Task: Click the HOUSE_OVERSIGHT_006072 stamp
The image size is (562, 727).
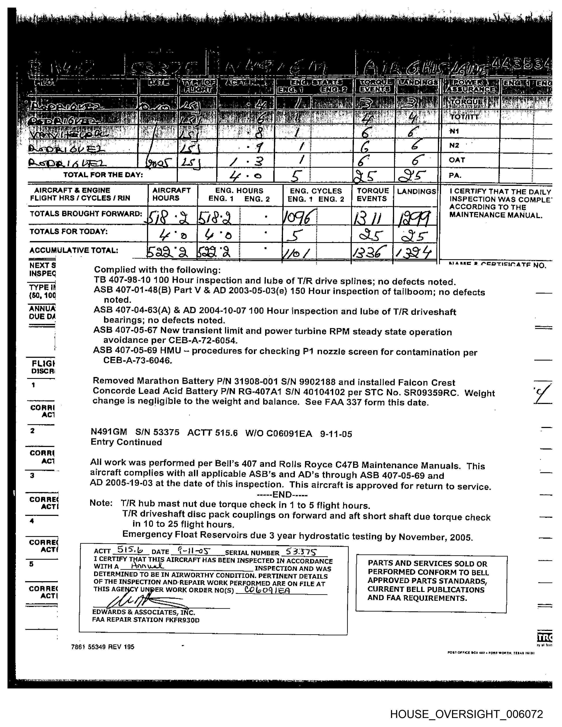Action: click(466, 714)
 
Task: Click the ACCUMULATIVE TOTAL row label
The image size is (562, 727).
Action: click(74, 250)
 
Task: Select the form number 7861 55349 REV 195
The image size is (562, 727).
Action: click(102, 647)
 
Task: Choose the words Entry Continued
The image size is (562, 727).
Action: click(126, 442)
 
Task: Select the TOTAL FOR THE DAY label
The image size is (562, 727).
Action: click(103, 175)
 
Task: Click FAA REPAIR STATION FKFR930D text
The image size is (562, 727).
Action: click(145, 620)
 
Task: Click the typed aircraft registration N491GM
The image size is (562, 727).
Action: click(108, 432)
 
